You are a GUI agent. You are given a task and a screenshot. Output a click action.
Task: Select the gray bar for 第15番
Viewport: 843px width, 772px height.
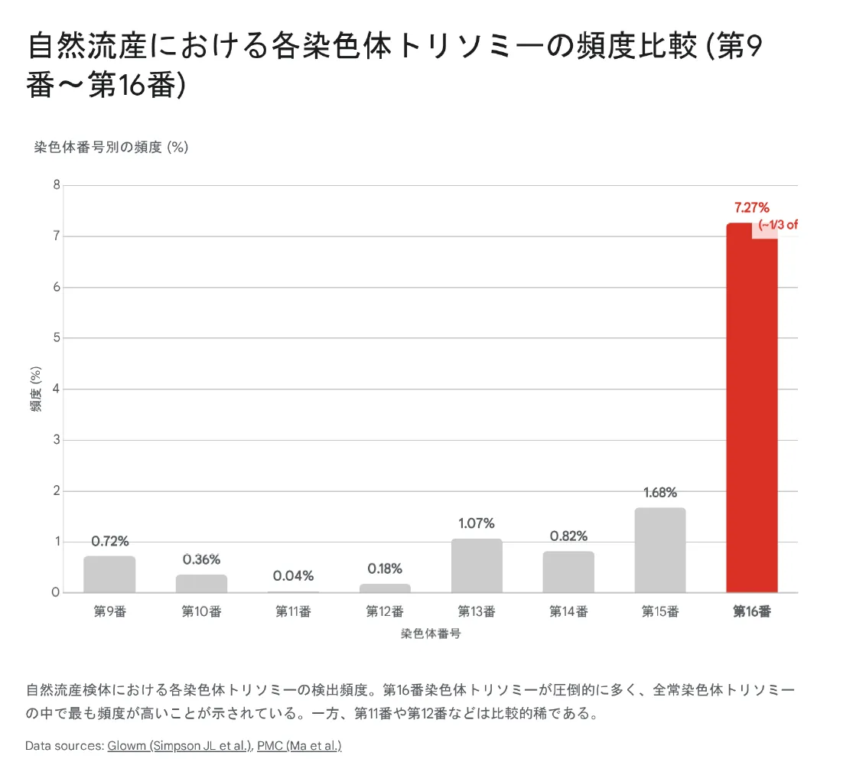tap(660, 550)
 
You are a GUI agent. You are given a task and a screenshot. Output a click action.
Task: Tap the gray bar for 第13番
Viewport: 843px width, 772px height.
tap(477, 565)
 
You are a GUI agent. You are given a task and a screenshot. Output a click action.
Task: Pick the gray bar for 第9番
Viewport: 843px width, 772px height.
tap(109, 574)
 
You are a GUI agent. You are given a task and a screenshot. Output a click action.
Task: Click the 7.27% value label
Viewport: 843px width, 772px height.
tap(751, 207)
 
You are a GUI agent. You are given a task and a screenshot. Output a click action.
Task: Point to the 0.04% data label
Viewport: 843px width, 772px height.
tap(293, 575)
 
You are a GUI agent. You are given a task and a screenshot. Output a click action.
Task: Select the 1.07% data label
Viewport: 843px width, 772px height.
tap(477, 523)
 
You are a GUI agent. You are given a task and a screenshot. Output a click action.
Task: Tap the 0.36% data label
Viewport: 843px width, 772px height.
tap(201, 559)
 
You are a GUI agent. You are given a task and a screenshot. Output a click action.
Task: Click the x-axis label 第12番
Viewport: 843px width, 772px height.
tap(385, 611)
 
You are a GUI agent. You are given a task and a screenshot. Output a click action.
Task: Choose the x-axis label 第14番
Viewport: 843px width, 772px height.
tap(568, 611)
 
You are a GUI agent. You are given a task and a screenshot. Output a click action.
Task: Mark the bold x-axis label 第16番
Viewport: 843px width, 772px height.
tap(752, 611)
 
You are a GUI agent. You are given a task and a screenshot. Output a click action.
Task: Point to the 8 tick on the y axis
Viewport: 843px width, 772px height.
tap(56, 185)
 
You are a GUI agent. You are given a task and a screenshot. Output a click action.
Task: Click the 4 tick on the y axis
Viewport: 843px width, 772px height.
tap(56, 389)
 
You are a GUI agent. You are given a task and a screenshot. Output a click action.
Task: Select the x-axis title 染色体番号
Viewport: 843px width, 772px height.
tap(431, 634)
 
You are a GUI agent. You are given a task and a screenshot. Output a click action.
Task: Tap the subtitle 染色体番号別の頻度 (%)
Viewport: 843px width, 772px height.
tap(111, 148)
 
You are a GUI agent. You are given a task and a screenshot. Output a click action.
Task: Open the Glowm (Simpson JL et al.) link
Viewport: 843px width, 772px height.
tap(180, 745)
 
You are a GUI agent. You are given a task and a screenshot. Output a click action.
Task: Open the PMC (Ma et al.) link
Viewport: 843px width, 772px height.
tap(299, 745)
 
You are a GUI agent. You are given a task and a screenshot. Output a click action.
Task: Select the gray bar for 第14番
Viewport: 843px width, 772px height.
tap(568, 572)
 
